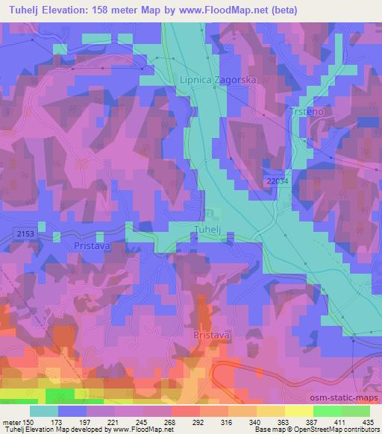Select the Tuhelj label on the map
pyautogui.click(x=207, y=228)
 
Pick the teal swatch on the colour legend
pyautogui.click(x=44, y=410)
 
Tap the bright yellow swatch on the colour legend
pyautogui.click(x=299, y=410)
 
